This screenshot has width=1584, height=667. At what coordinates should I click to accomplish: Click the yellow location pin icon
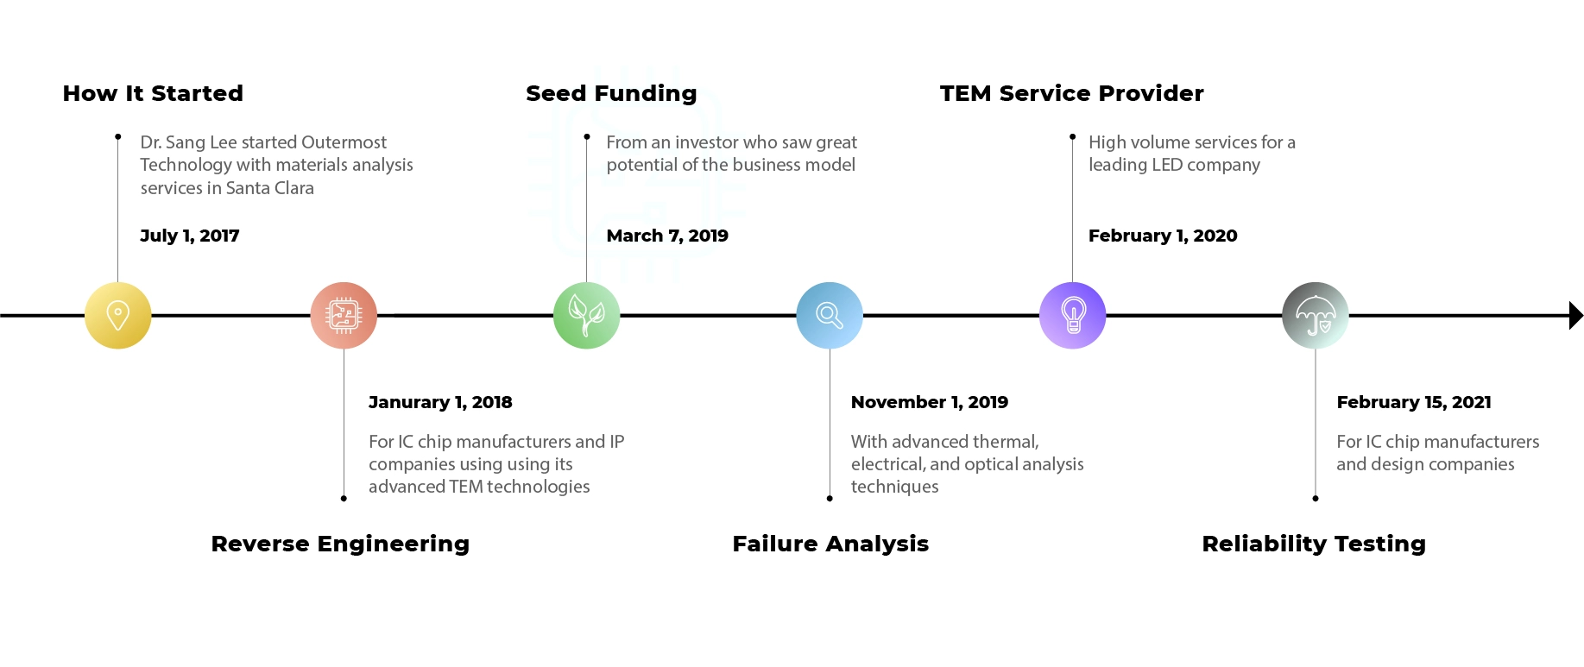[118, 316]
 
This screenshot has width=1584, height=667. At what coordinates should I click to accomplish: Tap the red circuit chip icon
[344, 316]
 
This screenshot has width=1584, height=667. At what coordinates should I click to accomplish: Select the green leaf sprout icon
[587, 316]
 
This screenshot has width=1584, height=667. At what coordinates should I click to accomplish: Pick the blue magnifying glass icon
[830, 316]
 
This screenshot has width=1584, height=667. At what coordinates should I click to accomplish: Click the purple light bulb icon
[1073, 316]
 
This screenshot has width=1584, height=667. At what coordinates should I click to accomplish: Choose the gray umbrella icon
[1316, 316]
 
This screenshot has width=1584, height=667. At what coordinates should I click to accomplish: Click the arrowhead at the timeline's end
[1576, 316]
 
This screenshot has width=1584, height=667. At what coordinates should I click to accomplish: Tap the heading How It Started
[153, 93]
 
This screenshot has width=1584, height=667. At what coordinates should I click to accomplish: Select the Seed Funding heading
[611, 93]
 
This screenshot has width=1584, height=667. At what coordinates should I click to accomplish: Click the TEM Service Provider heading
[1071, 93]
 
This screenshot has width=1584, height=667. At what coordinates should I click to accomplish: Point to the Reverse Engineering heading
[340, 544]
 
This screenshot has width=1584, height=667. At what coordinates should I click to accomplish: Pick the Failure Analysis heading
[830, 544]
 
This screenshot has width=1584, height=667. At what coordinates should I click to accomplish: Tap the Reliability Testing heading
[1314, 544]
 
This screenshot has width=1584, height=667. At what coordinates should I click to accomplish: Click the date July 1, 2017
[190, 236]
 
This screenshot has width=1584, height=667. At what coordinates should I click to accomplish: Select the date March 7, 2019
[667, 236]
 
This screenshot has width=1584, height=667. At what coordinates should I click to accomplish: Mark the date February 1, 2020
[1163, 236]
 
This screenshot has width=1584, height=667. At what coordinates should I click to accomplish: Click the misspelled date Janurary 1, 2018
[440, 402]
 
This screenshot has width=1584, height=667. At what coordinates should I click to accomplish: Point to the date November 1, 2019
[930, 402]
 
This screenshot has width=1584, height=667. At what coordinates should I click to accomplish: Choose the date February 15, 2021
[1414, 402]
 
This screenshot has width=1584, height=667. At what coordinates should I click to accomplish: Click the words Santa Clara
[270, 188]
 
